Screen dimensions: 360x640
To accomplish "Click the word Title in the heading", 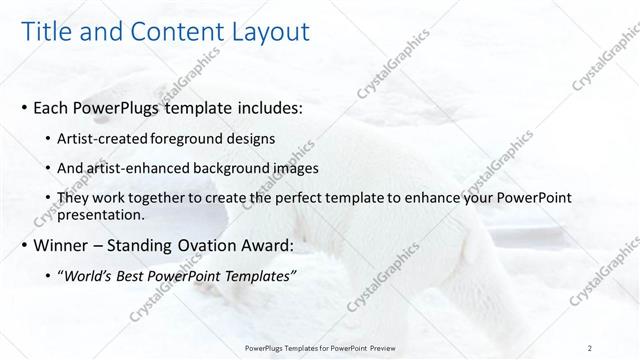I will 48,33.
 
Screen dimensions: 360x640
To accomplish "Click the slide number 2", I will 590,346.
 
